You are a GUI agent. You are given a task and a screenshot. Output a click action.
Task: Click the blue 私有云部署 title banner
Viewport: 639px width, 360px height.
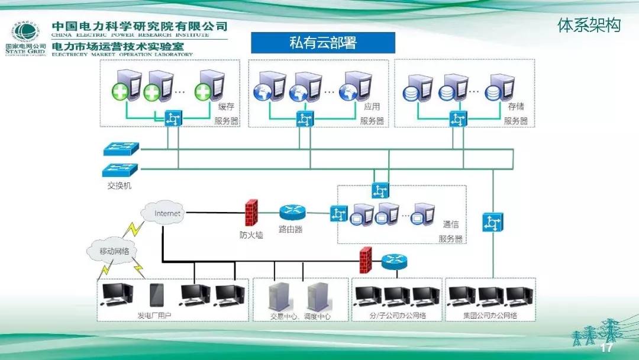(323, 43)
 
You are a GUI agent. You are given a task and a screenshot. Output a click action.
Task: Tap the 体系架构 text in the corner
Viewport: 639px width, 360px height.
(589, 25)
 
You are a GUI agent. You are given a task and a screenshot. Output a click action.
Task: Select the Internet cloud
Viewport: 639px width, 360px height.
(167, 213)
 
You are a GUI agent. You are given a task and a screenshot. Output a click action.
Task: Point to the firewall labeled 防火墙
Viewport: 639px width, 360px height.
(251, 211)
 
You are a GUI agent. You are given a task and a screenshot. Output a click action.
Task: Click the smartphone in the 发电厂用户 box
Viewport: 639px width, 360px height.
(157, 294)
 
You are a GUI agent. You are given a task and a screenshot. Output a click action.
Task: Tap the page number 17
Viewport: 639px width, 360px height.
(606, 348)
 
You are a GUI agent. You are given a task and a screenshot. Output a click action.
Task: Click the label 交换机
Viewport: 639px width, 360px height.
(120, 186)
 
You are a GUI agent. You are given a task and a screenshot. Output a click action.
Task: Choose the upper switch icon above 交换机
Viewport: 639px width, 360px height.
(120, 149)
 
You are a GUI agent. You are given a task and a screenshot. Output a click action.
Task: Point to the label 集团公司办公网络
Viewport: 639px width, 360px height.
(490, 315)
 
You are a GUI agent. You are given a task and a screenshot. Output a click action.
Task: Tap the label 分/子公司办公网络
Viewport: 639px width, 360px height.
(398, 315)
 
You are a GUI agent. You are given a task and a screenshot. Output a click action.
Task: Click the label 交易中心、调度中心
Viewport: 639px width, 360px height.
(300, 316)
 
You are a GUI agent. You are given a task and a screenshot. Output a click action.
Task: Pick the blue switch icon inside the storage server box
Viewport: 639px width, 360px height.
(456, 118)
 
